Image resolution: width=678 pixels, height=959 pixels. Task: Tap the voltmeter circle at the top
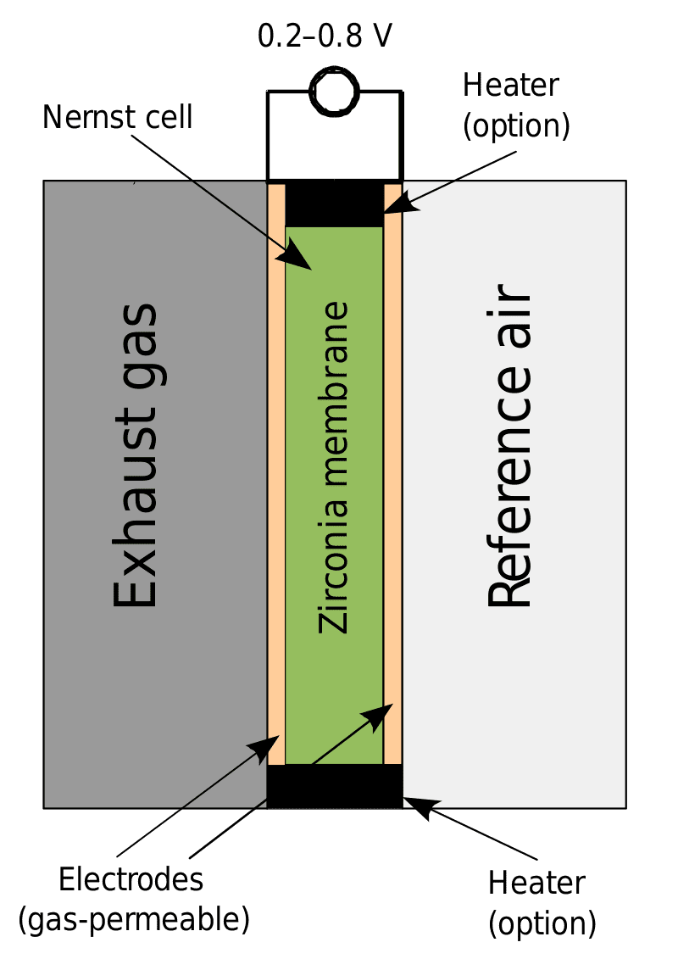(x=335, y=91)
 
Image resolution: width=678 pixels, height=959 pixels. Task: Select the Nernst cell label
(x=118, y=117)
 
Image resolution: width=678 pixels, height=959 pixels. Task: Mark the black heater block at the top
(x=334, y=204)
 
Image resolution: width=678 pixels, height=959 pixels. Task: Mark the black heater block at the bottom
(x=334, y=786)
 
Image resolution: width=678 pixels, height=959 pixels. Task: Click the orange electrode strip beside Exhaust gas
(x=276, y=475)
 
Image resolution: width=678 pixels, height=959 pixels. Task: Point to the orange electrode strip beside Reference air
(x=392, y=475)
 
